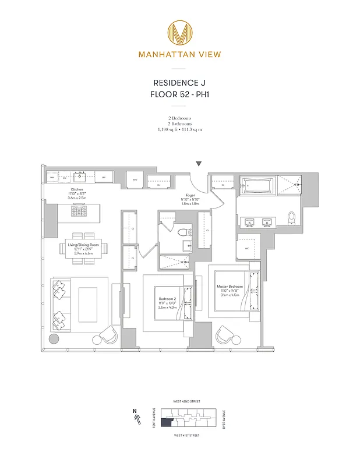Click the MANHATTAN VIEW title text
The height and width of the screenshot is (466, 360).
(179, 55)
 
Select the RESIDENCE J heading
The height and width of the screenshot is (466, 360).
(179, 83)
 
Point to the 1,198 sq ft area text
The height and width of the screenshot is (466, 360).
(179, 129)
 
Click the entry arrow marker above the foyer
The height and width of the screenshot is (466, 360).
(199, 164)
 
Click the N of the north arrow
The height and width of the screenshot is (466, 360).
(134, 411)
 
